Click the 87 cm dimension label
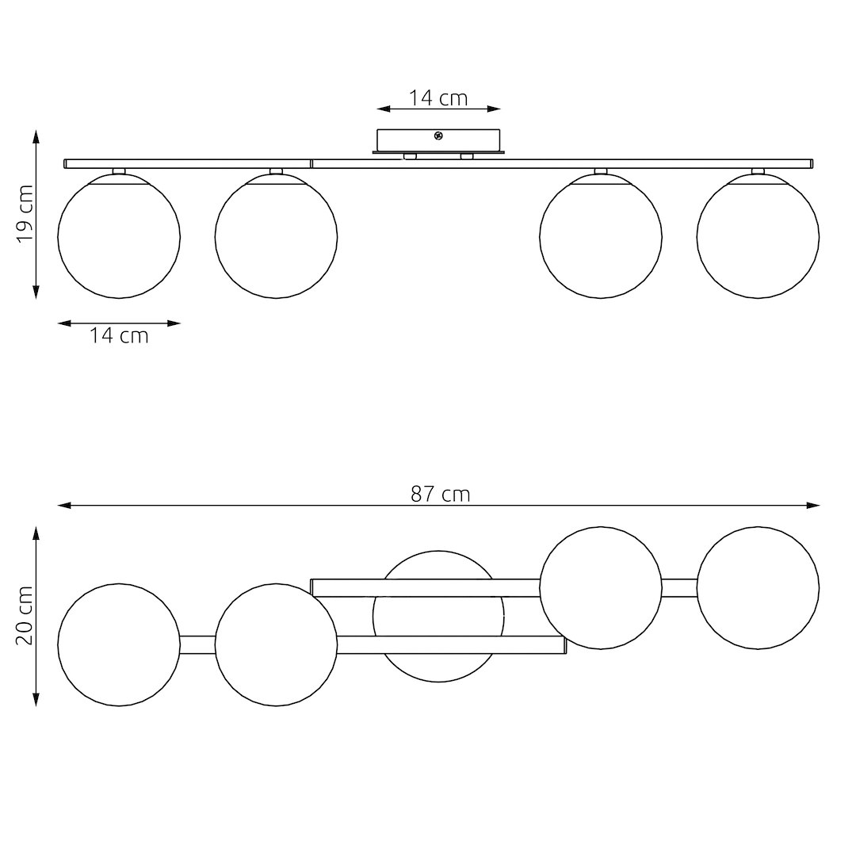(x=440, y=494)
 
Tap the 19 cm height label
(x=25, y=213)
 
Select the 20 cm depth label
(x=25, y=616)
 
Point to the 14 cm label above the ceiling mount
(x=438, y=97)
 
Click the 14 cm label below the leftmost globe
(x=119, y=335)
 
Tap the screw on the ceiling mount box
(x=438, y=136)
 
